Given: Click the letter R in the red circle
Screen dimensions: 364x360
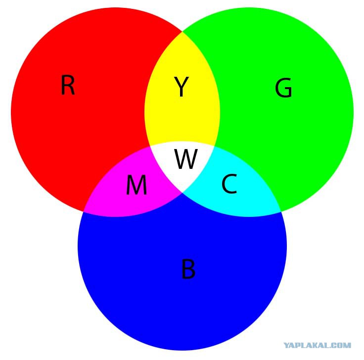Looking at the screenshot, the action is (68, 85).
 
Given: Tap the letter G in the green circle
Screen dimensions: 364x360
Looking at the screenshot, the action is (283, 88).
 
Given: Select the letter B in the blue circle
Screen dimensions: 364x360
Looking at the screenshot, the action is (188, 269).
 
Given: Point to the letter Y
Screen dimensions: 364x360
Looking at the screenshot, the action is (182, 87).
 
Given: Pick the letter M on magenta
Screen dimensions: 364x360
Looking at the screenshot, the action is (136, 185).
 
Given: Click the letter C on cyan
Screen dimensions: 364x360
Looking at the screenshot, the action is (229, 184).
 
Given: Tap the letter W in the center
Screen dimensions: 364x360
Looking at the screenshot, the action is (186, 159).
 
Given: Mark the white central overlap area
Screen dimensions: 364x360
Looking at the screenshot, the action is (182, 163).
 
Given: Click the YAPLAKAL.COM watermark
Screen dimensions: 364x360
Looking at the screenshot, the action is (318, 345).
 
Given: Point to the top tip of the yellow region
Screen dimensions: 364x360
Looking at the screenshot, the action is (182, 31).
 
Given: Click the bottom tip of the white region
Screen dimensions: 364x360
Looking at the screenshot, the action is (182, 193).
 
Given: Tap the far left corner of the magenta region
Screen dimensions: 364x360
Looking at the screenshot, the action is (84, 212).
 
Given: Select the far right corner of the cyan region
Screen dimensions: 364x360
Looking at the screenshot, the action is (281, 212).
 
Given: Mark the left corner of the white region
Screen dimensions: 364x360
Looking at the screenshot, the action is (150, 147).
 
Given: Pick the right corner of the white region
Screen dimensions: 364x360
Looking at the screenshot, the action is (214, 147).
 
